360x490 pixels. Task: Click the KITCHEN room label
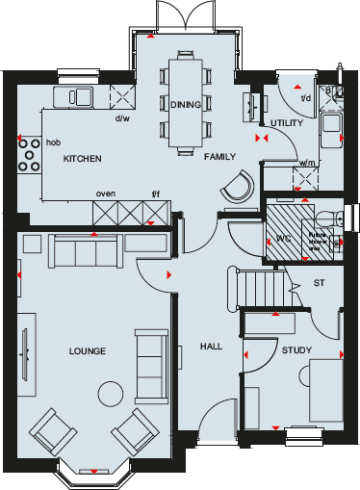(x=83, y=157)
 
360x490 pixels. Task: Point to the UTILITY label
(x=287, y=124)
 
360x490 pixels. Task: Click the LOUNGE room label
(x=87, y=350)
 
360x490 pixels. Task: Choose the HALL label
(x=211, y=347)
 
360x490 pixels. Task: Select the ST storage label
(x=319, y=283)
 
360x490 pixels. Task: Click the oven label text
(x=105, y=193)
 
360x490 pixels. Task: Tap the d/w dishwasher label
(x=122, y=119)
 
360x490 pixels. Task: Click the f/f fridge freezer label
(x=157, y=193)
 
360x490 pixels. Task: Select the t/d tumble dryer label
(x=305, y=97)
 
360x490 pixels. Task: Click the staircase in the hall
(x=259, y=286)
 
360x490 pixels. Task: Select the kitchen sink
(x=75, y=95)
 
